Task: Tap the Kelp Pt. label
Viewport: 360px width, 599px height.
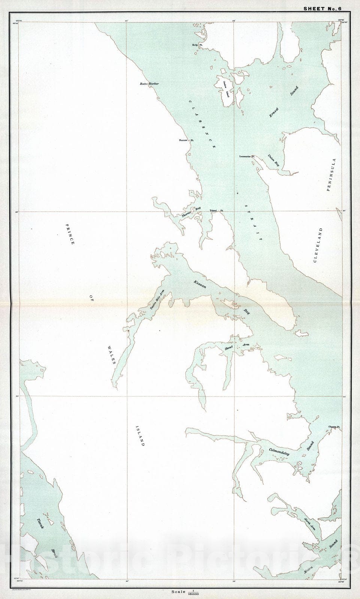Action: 197,45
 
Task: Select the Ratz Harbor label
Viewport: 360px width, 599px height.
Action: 149,84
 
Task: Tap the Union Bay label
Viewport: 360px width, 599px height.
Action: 274,160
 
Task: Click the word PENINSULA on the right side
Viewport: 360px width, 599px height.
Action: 332,175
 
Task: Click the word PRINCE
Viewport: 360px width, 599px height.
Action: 70,234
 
